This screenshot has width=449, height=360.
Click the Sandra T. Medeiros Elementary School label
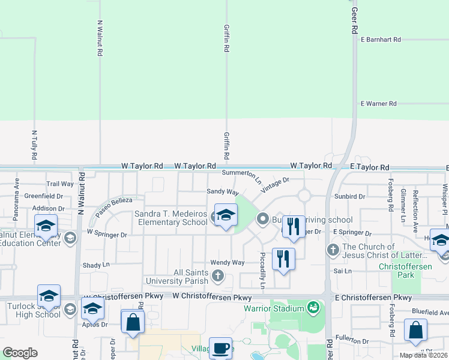point(171,218)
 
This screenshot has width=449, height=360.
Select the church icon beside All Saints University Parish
point(218,276)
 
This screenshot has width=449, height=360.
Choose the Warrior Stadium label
point(274,309)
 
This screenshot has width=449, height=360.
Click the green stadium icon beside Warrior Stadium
point(312,309)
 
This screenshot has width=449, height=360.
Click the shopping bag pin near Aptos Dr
point(133,322)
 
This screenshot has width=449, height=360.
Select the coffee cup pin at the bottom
point(220,349)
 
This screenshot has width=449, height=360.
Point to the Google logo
point(20,352)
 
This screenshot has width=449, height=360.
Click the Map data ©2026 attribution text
point(424,355)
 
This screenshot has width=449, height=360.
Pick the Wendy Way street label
point(228,263)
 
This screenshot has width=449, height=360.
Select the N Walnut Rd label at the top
point(100,38)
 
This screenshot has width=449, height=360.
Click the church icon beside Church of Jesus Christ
point(333,248)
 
